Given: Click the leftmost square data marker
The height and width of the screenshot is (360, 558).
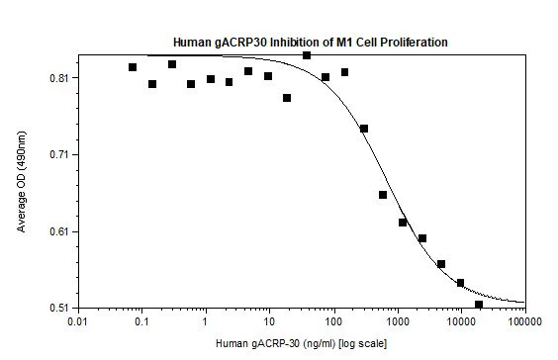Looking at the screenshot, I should (133, 67).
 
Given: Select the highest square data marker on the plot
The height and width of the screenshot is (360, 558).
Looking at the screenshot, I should (307, 55).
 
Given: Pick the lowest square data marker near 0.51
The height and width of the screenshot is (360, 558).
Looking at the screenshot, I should (479, 305).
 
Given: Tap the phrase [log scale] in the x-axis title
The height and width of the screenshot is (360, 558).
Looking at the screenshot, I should (335, 344).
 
